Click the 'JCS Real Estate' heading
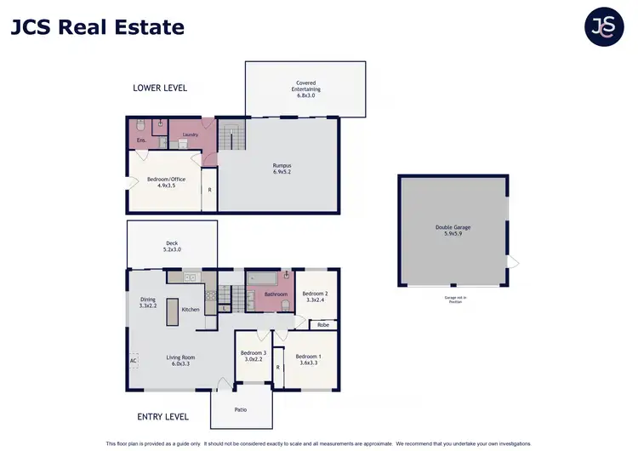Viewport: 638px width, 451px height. click(97, 27)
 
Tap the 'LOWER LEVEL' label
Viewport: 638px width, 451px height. click(160, 88)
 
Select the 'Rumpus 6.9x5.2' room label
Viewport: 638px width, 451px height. click(282, 168)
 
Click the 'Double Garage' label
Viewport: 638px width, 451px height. click(453, 231)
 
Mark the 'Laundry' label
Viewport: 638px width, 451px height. click(191, 134)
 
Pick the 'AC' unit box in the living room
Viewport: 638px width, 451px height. click(134, 360)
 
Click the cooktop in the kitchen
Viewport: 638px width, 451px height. click(210, 297)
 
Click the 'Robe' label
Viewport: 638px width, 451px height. click(323, 324)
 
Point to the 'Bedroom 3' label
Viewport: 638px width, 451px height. click(253, 357)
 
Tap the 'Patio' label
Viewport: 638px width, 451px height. click(241, 409)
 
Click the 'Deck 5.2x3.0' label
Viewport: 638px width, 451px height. click(172, 247)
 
